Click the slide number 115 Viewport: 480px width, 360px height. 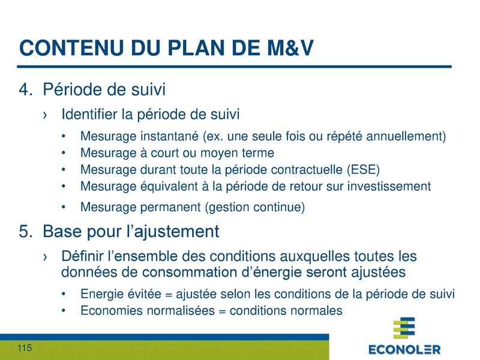(x=24, y=349)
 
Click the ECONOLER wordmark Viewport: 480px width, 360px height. (x=404, y=349)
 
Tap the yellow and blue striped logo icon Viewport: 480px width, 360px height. (x=404, y=329)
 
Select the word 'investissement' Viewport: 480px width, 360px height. (x=391, y=186)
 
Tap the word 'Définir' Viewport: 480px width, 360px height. (x=83, y=256)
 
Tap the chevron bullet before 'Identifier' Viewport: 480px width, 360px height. (x=46, y=114)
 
